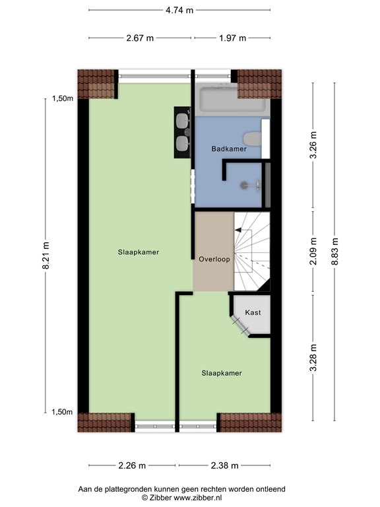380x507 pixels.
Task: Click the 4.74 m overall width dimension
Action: (179, 10)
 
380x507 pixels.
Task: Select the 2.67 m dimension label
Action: (140, 38)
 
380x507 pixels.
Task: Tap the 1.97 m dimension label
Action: (232, 38)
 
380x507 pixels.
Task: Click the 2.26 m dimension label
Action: (132, 465)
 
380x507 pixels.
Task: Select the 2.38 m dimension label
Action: (224, 465)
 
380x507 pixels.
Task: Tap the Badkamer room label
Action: (229, 149)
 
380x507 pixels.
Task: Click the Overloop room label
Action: (214, 259)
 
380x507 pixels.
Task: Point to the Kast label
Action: (253, 312)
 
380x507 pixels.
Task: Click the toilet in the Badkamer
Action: (252, 139)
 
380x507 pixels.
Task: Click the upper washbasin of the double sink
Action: (181, 120)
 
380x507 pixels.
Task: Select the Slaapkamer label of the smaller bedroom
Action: (222, 373)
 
